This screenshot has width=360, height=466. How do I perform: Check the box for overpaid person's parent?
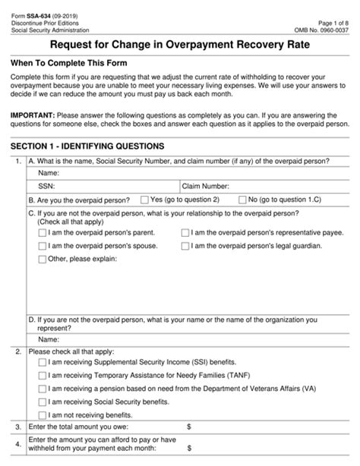pyautogui.click(x=42, y=234)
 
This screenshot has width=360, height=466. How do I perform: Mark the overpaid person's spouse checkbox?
pyautogui.click(x=42, y=247)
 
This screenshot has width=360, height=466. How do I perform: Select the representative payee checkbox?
pyautogui.click(x=186, y=234)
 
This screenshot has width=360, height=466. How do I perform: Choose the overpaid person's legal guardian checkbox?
pyautogui.click(x=186, y=247)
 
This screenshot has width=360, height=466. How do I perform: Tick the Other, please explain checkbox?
pyautogui.click(x=42, y=260)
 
